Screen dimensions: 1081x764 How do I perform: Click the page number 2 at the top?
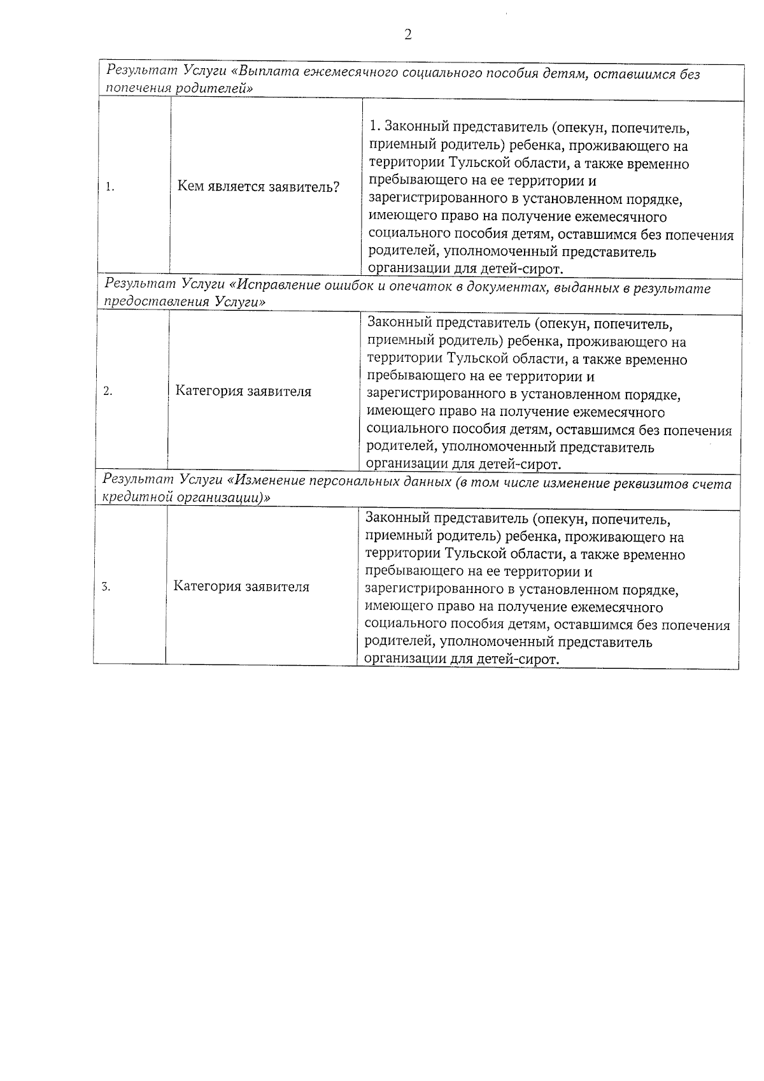pyautogui.click(x=408, y=34)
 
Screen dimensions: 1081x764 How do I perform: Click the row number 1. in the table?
pyautogui.click(x=110, y=187)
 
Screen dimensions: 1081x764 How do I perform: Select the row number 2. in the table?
pyautogui.click(x=108, y=392)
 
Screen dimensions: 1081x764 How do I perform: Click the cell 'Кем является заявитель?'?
pyautogui.click(x=258, y=187)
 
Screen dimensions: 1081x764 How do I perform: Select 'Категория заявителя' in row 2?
pyautogui.click(x=244, y=391)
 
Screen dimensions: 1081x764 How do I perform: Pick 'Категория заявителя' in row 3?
pyautogui.click(x=241, y=587)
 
